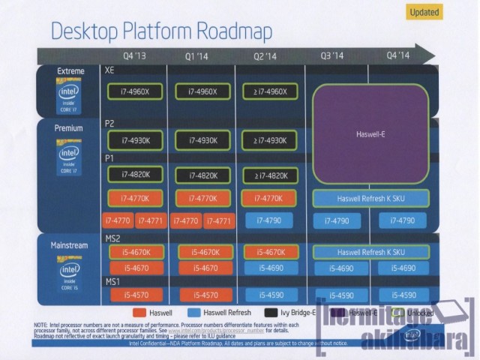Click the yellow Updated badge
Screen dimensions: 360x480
(424, 11)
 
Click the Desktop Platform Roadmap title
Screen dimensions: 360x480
(160, 31)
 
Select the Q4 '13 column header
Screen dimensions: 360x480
(135, 55)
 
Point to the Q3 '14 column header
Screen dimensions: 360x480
(331, 55)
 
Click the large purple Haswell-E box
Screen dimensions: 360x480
(370, 135)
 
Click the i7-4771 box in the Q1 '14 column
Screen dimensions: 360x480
(219, 220)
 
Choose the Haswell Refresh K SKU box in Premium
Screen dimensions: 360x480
(370, 199)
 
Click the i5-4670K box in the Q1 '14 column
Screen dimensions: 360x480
(202, 252)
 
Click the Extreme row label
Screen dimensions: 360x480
(70, 71)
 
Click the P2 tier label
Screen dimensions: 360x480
(110, 123)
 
